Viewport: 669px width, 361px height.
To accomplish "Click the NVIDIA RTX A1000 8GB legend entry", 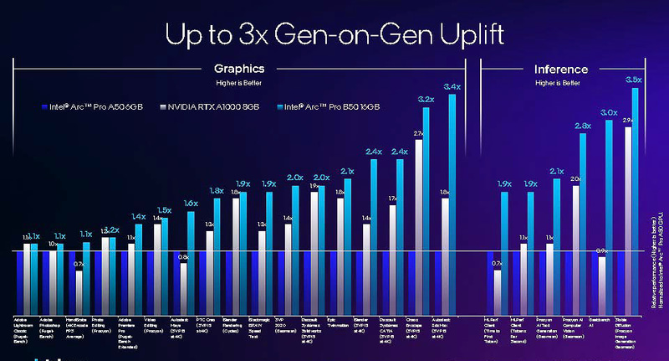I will [x=207, y=106].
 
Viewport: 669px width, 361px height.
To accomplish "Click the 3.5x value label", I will [x=634, y=80].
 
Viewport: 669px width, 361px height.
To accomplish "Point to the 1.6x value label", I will [x=191, y=204].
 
